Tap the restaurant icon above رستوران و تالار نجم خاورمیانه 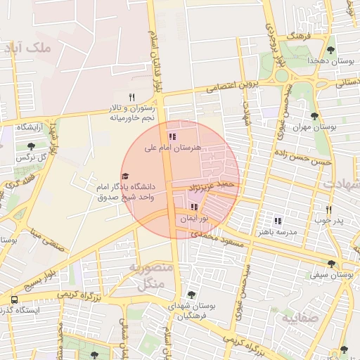point(131,97)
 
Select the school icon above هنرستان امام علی point(172,137)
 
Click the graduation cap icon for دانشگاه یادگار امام point(126,176)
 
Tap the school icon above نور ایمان point(193,207)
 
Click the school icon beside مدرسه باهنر point(278,221)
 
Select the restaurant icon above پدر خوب point(328,210)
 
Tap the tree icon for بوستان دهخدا point(330,50)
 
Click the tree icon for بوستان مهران point(314,116)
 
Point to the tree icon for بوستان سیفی point(331,264)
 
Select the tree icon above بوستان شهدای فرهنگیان point(191,295)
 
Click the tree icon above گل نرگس point(31,146)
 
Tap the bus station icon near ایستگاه point(14,300)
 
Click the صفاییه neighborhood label point(300,318)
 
